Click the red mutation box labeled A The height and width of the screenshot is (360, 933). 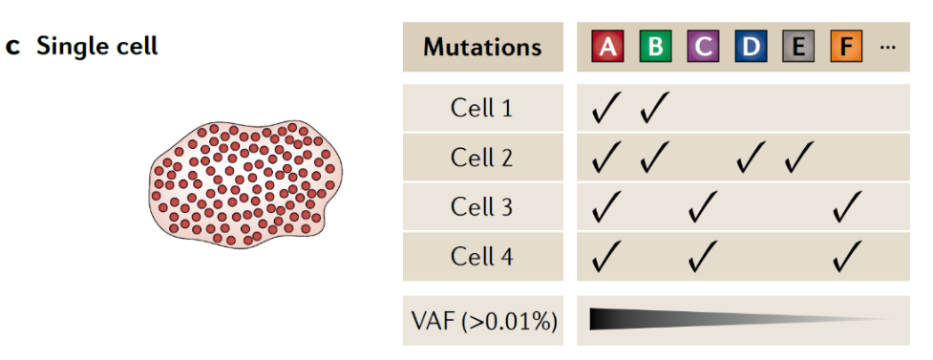point(607,47)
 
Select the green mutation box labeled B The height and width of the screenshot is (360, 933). point(655,47)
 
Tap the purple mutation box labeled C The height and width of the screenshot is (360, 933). point(703,47)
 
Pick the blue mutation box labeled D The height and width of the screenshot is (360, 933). point(751,47)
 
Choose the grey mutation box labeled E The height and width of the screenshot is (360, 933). point(798,47)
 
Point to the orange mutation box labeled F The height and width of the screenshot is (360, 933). point(846,47)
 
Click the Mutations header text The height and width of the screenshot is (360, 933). point(482,47)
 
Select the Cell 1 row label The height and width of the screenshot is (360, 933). point(481,108)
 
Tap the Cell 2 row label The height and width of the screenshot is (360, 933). point(481,158)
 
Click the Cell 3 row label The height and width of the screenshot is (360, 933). point(481,207)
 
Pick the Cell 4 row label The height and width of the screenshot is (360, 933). point(481,257)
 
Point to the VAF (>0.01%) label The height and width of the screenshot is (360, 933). point(484,321)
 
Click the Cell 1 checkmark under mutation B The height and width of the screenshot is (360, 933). point(654,108)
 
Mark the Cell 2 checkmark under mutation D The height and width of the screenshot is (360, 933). point(750,158)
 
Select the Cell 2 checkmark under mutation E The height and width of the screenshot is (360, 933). point(797,158)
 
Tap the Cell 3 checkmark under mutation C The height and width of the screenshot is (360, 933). point(702,206)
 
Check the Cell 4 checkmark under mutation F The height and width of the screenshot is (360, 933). point(846,256)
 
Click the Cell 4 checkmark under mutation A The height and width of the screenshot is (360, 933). point(605,256)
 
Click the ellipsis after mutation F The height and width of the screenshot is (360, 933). point(887,48)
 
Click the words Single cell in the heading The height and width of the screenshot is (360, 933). point(97,47)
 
